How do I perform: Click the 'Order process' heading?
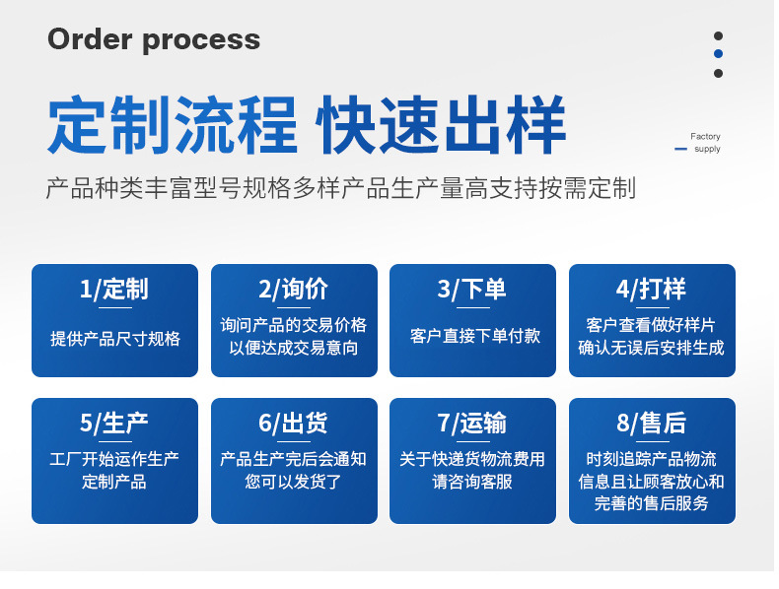(x=154, y=39)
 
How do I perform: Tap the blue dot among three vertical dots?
(x=718, y=54)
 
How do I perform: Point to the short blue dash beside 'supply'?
(x=680, y=150)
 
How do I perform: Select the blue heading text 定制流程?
(x=173, y=126)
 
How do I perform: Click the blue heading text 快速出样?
(x=440, y=126)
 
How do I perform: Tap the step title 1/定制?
(x=114, y=289)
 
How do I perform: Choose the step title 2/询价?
(x=294, y=289)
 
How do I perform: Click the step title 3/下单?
(x=472, y=289)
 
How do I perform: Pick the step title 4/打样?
(x=652, y=289)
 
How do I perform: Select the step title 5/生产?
(x=114, y=423)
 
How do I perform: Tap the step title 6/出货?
(x=294, y=423)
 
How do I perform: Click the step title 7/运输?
(x=472, y=423)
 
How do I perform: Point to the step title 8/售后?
(x=652, y=423)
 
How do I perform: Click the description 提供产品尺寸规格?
(x=115, y=338)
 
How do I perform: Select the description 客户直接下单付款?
(x=473, y=336)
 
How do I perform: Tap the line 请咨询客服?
(x=472, y=482)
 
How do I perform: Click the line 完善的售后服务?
(x=652, y=504)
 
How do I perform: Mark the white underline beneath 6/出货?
(x=294, y=441)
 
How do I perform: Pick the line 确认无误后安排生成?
(x=652, y=348)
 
